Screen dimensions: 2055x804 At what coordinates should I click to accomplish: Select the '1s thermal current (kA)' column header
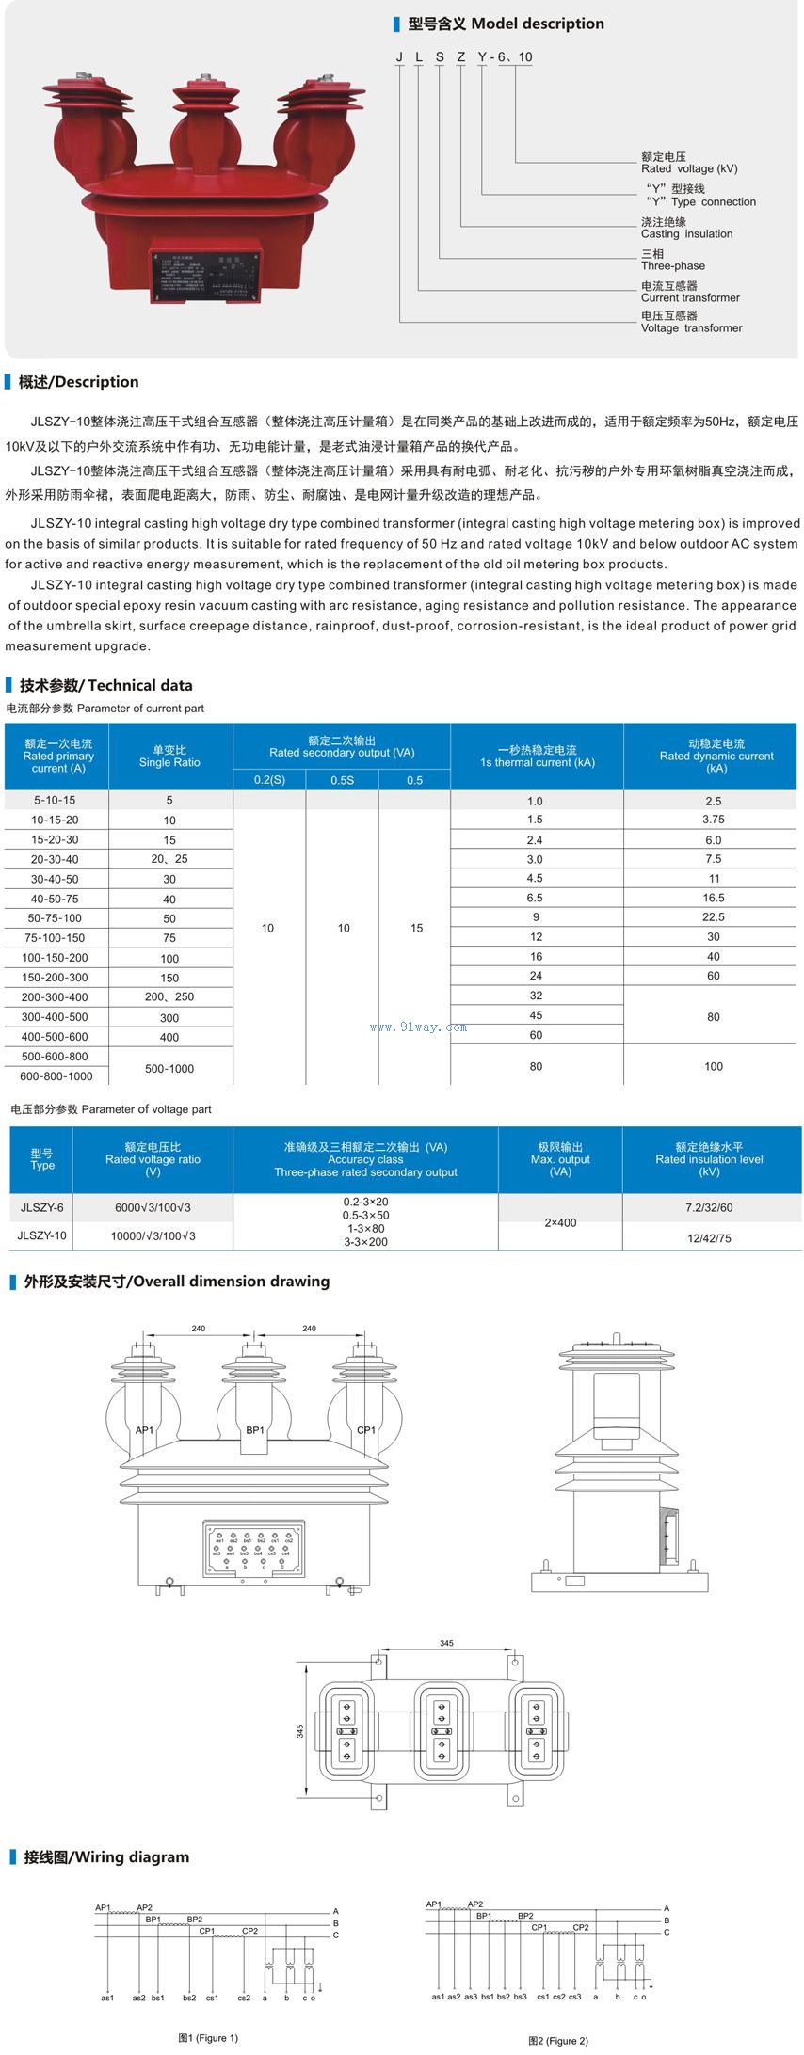point(537,756)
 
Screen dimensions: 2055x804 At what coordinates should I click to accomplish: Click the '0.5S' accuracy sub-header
point(343,780)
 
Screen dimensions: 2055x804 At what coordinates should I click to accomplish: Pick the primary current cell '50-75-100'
point(55,918)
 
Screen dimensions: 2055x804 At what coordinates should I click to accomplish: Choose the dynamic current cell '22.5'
point(713,917)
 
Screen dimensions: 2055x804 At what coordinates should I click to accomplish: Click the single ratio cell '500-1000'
point(169,1069)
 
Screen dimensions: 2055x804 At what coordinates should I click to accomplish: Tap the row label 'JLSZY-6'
point(42,1207)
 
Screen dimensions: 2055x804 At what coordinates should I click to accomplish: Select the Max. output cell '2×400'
point(560,1222)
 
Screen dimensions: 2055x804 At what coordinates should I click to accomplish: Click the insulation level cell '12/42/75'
point(709,1238)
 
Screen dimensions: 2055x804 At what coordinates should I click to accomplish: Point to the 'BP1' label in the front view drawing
point(255,1430)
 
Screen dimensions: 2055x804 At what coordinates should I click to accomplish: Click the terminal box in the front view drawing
point(253,1548)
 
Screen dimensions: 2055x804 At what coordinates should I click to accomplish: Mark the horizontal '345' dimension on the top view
point(446,1643)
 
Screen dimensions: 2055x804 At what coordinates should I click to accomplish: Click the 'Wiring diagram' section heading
point(106,1857)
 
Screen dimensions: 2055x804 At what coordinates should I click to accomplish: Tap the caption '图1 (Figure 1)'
point(208,2038)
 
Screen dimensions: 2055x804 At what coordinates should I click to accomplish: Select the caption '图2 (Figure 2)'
point(558,2041)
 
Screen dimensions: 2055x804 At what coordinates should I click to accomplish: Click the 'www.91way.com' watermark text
point(418,1027)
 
